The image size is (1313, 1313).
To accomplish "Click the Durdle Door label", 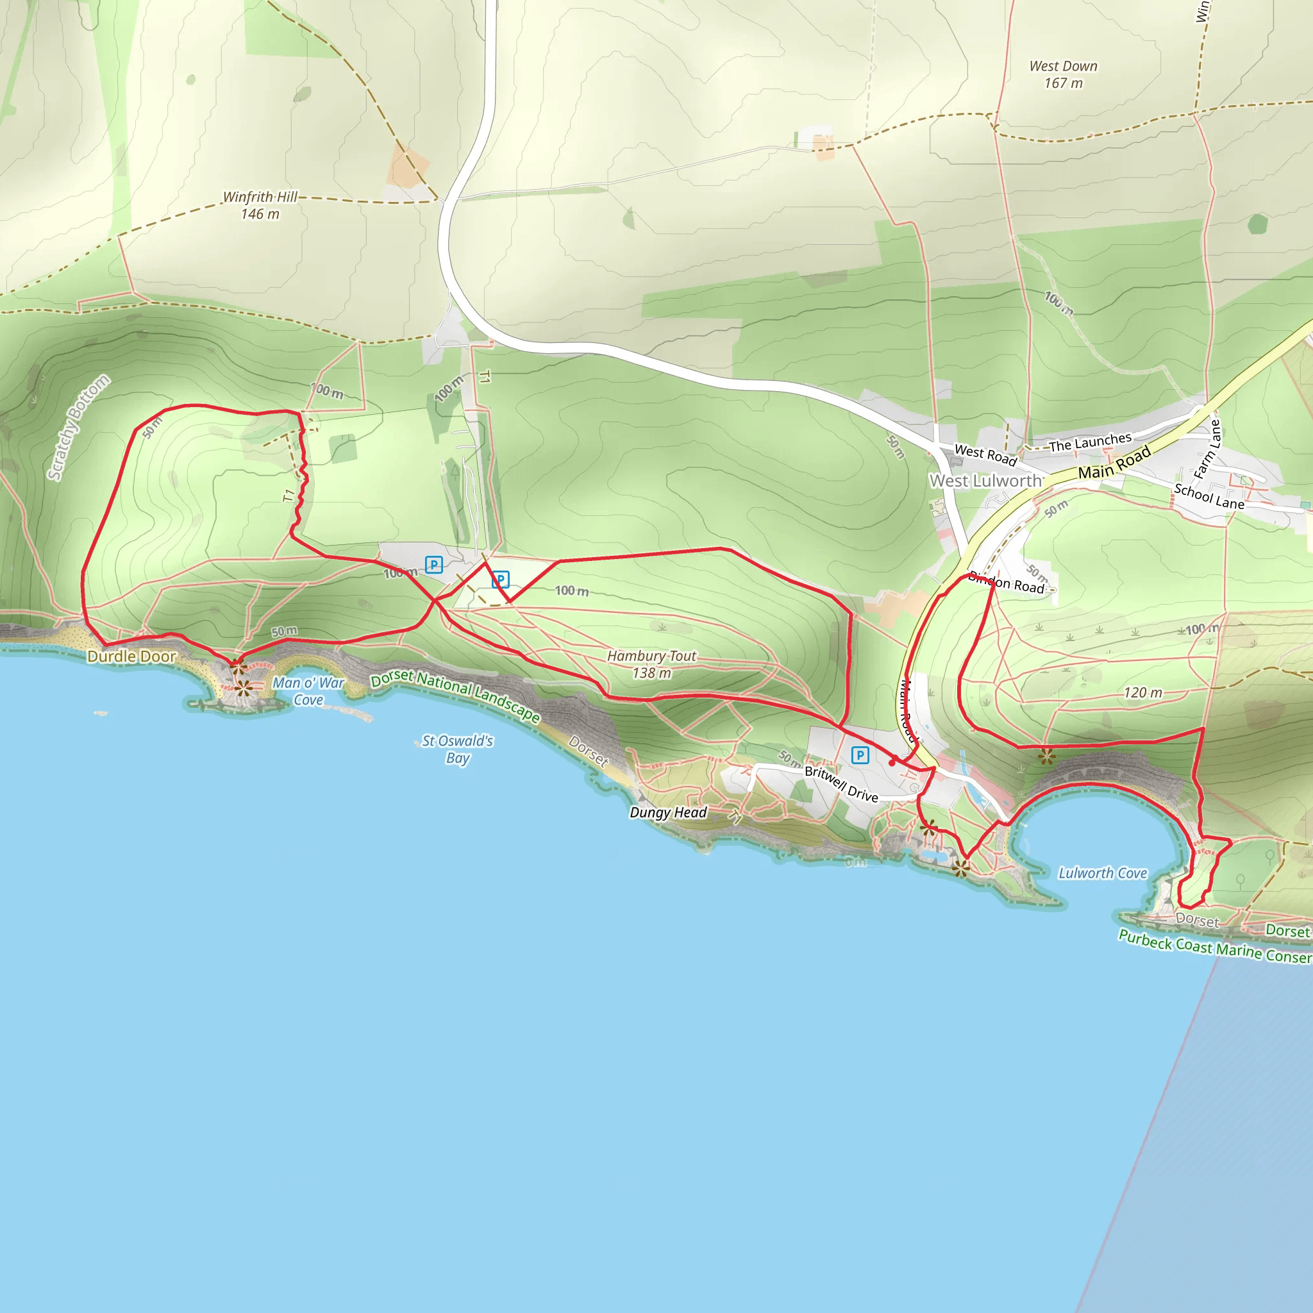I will [x=132, y=656].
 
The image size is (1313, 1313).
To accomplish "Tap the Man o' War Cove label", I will [x=308, y=691].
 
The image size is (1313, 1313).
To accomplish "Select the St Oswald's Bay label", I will [x=457, y=749].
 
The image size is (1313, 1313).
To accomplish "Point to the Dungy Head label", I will [x=668, y=812].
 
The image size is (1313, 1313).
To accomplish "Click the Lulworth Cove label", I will [x=1102, y=873].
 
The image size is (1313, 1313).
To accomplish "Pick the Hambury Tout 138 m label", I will [x=652, y=664].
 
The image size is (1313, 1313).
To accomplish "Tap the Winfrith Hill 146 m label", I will [x=260, y=205].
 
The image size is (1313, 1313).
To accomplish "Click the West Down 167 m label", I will [x=1064, y=75].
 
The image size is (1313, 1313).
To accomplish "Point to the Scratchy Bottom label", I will [x=78, y=428].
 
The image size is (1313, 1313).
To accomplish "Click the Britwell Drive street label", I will [x=841, y=783].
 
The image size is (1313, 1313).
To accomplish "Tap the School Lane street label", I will [x=1209, y=497].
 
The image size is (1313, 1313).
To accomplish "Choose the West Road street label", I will [x=985, y=455].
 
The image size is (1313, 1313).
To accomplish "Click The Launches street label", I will [x=1090, y=442].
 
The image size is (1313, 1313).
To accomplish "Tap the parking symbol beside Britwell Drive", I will [x=860, y=755].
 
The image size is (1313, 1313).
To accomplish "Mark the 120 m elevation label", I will [x=1142, y=692].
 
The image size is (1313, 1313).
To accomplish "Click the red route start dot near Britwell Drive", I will [x=892, y=762].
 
